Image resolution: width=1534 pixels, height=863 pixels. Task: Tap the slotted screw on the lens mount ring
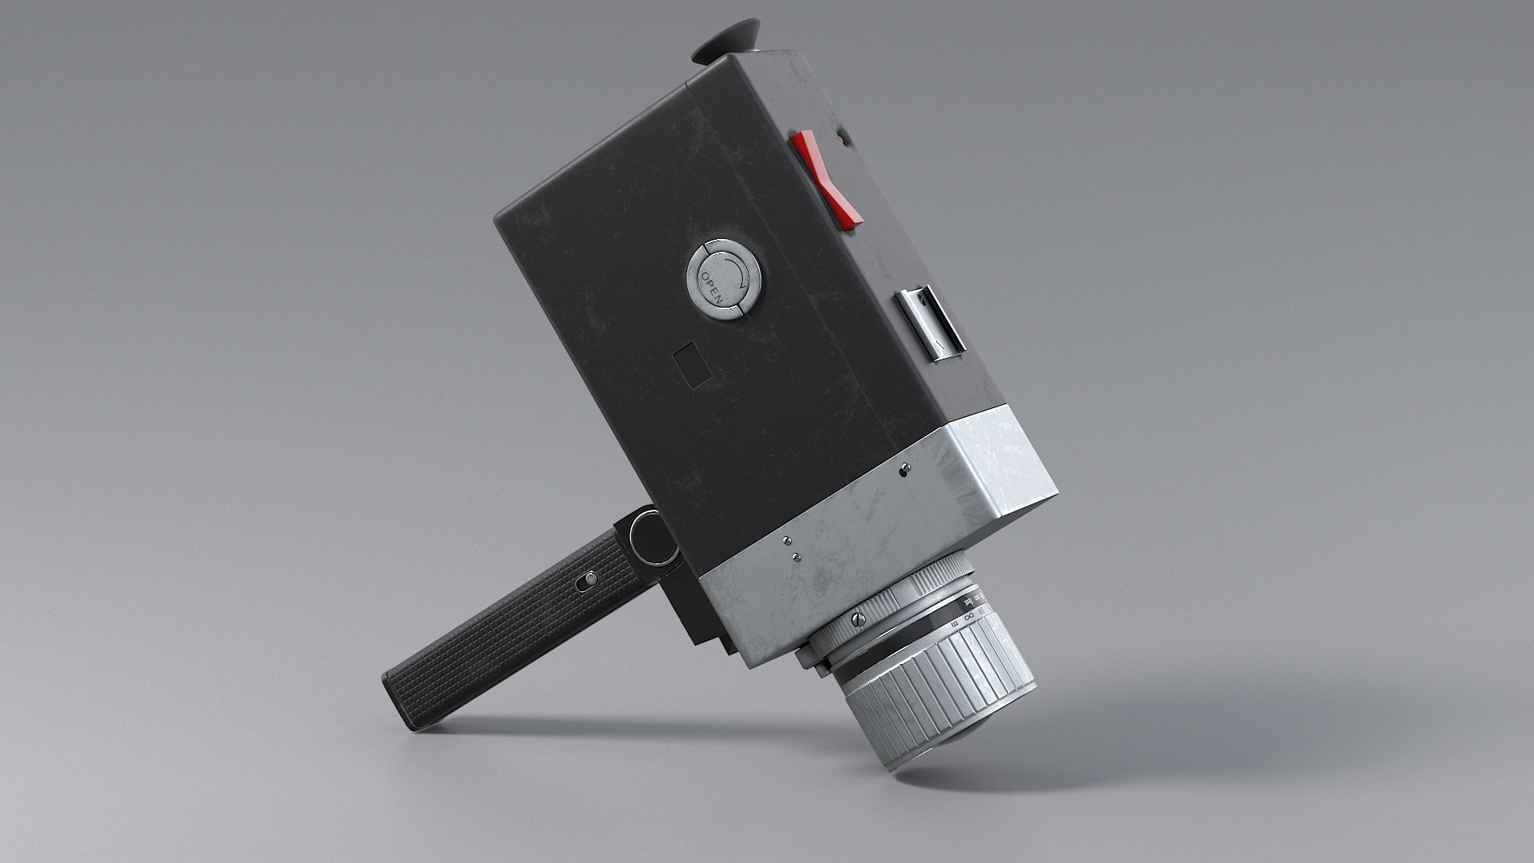coord(859,618)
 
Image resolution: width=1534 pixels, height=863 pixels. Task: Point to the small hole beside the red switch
coord(840,140)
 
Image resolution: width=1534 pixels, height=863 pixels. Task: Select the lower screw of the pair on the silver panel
coord(796,556)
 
